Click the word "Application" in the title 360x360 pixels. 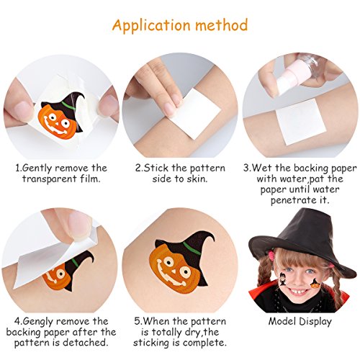[151, 26]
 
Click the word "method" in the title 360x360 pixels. [221, 24]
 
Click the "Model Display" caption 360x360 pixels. [300, 322]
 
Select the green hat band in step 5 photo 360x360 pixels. [192, 248]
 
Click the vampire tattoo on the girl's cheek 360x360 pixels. [283, 279]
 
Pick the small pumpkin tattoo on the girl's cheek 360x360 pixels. [315, 284]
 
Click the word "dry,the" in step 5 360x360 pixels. [202, 332]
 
